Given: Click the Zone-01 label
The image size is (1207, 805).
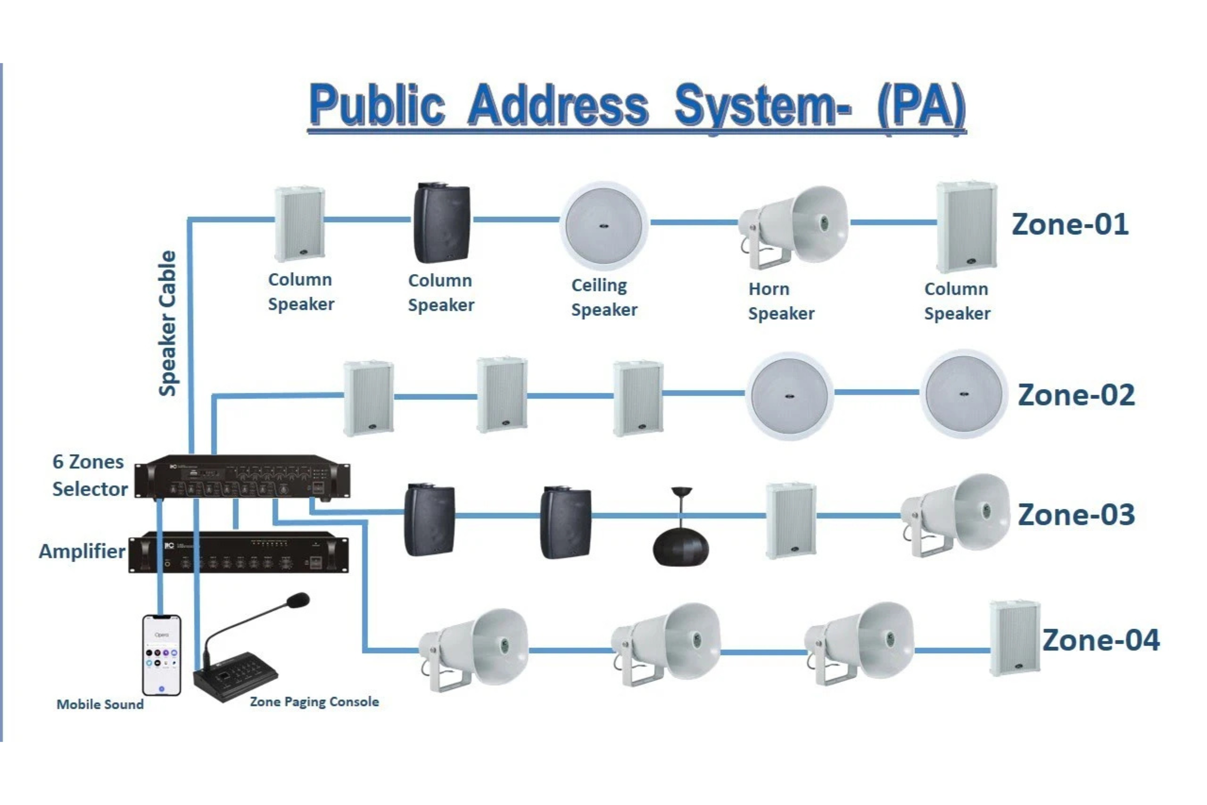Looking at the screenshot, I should (x=1069, y=224).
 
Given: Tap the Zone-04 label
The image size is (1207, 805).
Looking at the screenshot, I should (x=1100, y=640).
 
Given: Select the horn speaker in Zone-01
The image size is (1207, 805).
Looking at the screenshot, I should (x=794, y=226).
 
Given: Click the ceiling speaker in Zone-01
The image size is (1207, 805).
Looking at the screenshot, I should (x=603, y=226).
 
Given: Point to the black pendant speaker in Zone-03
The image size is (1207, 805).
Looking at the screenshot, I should (x=680, y=547).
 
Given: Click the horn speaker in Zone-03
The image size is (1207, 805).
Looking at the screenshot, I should (x=956, y=515).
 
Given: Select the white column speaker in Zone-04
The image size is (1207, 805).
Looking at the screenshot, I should (x=1014, y=638).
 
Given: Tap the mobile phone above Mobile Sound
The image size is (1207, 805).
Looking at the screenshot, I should (x=161, y=655).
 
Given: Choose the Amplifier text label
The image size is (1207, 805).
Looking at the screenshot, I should (x=82, y=551).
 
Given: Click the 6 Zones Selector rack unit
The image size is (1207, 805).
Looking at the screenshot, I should (x=242, y=476).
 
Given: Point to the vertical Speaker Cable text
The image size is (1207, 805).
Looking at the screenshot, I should (x=167, y=324).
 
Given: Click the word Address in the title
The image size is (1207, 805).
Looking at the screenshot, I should (x=558, y=105).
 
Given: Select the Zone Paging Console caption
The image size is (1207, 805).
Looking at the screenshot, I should (x=314, y=702).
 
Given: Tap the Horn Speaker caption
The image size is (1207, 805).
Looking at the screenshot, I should (x=781, y=301).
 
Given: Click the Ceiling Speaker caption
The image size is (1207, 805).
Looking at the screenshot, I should (x=604, y=298).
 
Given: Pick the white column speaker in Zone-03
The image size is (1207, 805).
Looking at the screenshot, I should (x=791, y=521).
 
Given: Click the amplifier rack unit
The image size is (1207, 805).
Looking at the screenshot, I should (x=238, y=552).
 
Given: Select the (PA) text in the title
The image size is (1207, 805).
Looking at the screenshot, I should (x=921, y=106).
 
